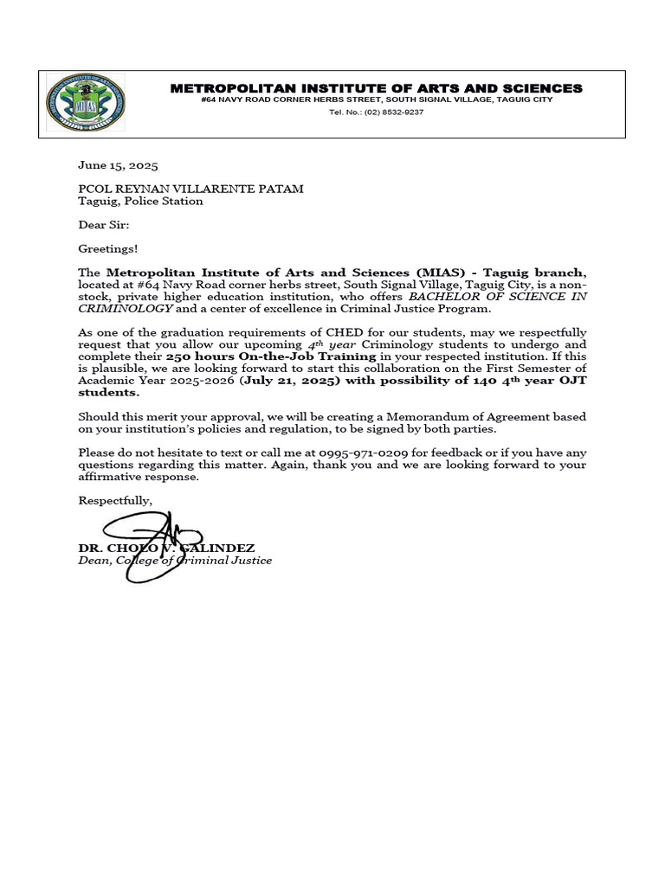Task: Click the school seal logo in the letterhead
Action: pos(85,103)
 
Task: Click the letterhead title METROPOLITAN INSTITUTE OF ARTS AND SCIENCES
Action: pos(376,88)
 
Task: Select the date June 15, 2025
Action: pos(118,165)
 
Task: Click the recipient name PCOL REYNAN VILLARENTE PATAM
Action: pos(190,189)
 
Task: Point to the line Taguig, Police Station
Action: pos(140,201)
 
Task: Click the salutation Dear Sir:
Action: pos(103,225)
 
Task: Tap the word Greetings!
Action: pos(107,249)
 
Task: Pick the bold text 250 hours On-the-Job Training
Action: pos(271,356)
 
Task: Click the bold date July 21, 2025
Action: pos(292,380)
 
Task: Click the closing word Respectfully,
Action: pos(115,500)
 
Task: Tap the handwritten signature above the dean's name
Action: pos(156,545)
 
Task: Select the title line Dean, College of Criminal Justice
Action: pos(175,561)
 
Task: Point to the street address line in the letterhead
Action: pos(376,100)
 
